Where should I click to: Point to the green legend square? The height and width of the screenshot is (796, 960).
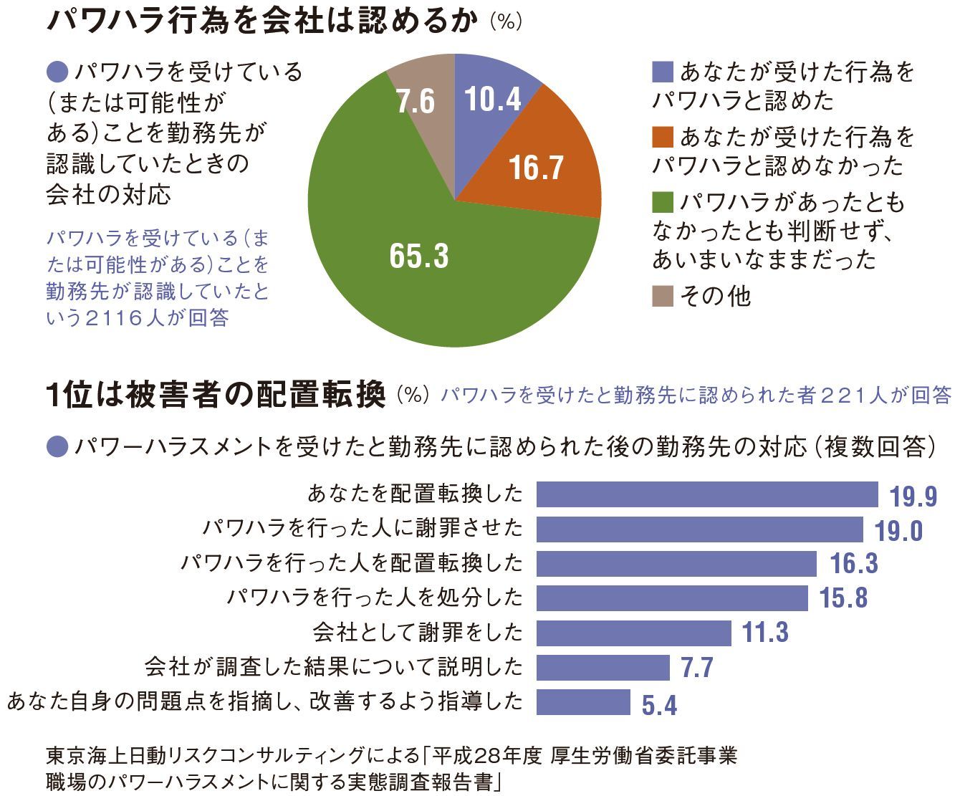pos(663,203)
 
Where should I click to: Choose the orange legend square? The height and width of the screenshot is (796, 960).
pos(663,137)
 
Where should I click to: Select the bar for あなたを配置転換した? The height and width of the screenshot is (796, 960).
pos(707,494)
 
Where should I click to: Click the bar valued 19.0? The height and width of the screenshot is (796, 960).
pos(699,529)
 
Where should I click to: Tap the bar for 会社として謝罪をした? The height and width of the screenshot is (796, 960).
pos(633,633)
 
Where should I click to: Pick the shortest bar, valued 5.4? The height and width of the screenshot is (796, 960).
pos(583,702)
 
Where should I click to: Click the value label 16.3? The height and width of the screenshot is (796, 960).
pos(854,564)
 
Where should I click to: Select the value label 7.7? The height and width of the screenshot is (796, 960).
pos(696,668)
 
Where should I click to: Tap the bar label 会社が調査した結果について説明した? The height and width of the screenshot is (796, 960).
pos(334,667)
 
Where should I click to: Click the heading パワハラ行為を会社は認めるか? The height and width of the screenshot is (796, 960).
pos(261,21)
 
